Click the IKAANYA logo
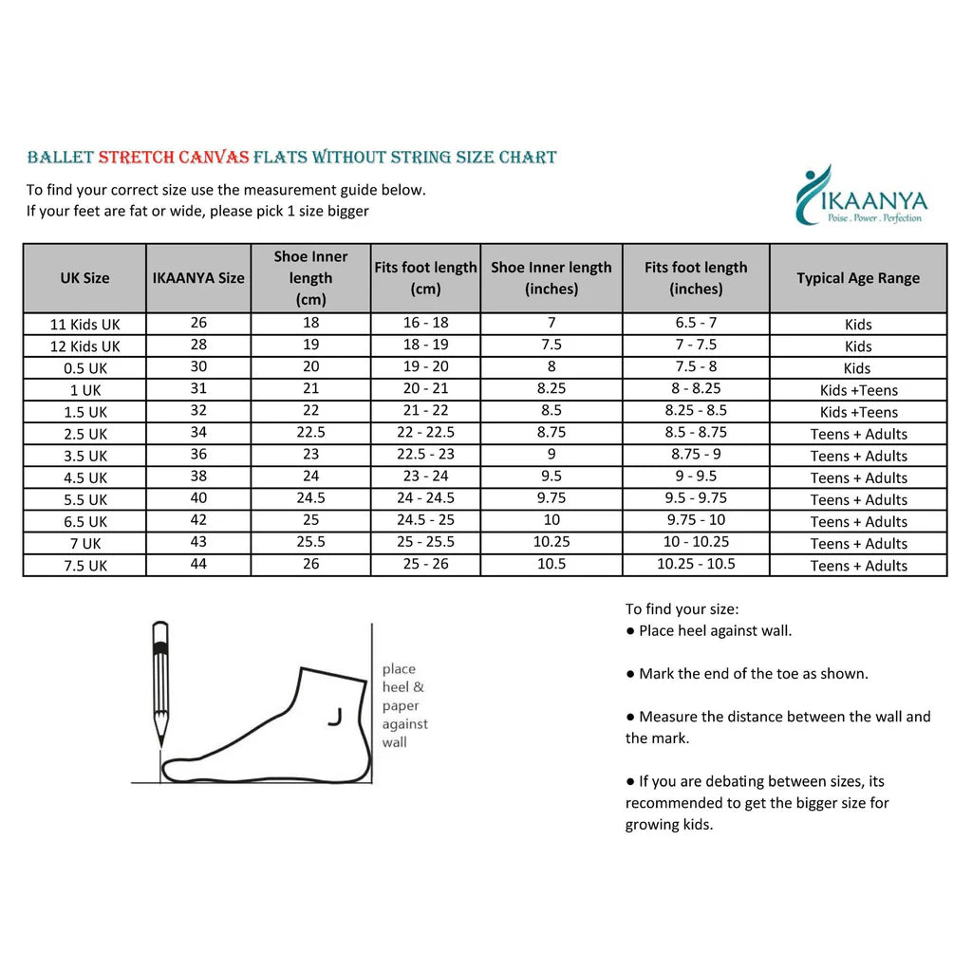click(x=860, y=197)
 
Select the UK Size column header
click(x=84, y=278)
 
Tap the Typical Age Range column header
click(x=858, y=278)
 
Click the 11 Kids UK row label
click(x=84, y=325)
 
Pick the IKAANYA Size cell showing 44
click(x=198, y=564)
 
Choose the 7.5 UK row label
click(x=84, y=566)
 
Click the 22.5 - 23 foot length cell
click(x=425, y=455)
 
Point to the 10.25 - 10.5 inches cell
click(x=696, y=564)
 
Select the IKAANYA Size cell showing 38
click(x=198, y=477)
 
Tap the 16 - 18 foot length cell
click(x=425, y=323)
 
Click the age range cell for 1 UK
click(x=858, y=390)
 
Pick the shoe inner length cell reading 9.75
click(x=551, y=498)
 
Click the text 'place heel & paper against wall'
click(x=403, y=705)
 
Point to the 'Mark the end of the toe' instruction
click(x=747, y=674)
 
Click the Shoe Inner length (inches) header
click(x=551, y=278)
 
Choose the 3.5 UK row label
click(x=84, y=456)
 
